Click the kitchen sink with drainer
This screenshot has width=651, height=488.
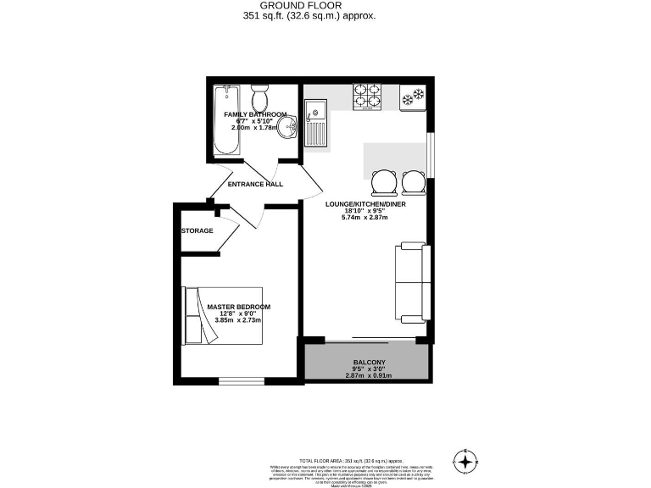coord(316,122)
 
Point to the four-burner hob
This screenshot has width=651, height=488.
coord(367,97)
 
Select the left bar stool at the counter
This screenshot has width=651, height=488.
coord(385,181)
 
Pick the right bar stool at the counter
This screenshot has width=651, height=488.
coord(414,181)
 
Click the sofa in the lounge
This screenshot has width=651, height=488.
coord(410,283)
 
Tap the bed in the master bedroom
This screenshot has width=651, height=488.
coord(222,315)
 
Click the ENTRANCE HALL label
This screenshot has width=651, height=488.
coord(255,184)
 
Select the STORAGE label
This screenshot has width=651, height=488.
coord(197,230)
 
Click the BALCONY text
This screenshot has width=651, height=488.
coord(367,362)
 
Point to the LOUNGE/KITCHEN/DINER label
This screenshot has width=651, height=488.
coord(365,204)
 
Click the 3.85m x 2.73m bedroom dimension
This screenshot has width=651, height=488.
coord(238,320)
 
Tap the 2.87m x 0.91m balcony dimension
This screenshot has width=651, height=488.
coord(367,375)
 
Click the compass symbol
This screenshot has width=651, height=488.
coord(465,462)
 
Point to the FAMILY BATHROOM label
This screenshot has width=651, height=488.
coord(255,114)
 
